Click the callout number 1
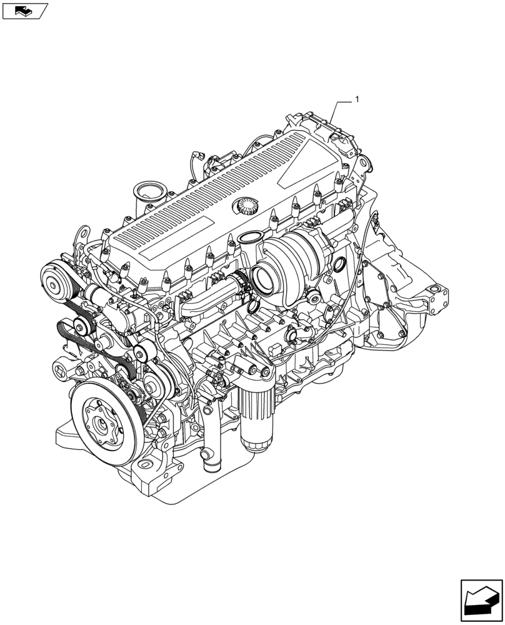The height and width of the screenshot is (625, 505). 357,99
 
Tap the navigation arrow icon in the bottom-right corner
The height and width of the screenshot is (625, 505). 481,601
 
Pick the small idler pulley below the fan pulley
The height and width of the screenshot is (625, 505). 81,325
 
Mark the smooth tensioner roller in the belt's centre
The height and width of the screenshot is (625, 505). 141,354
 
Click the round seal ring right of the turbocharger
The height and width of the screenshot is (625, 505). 341,268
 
